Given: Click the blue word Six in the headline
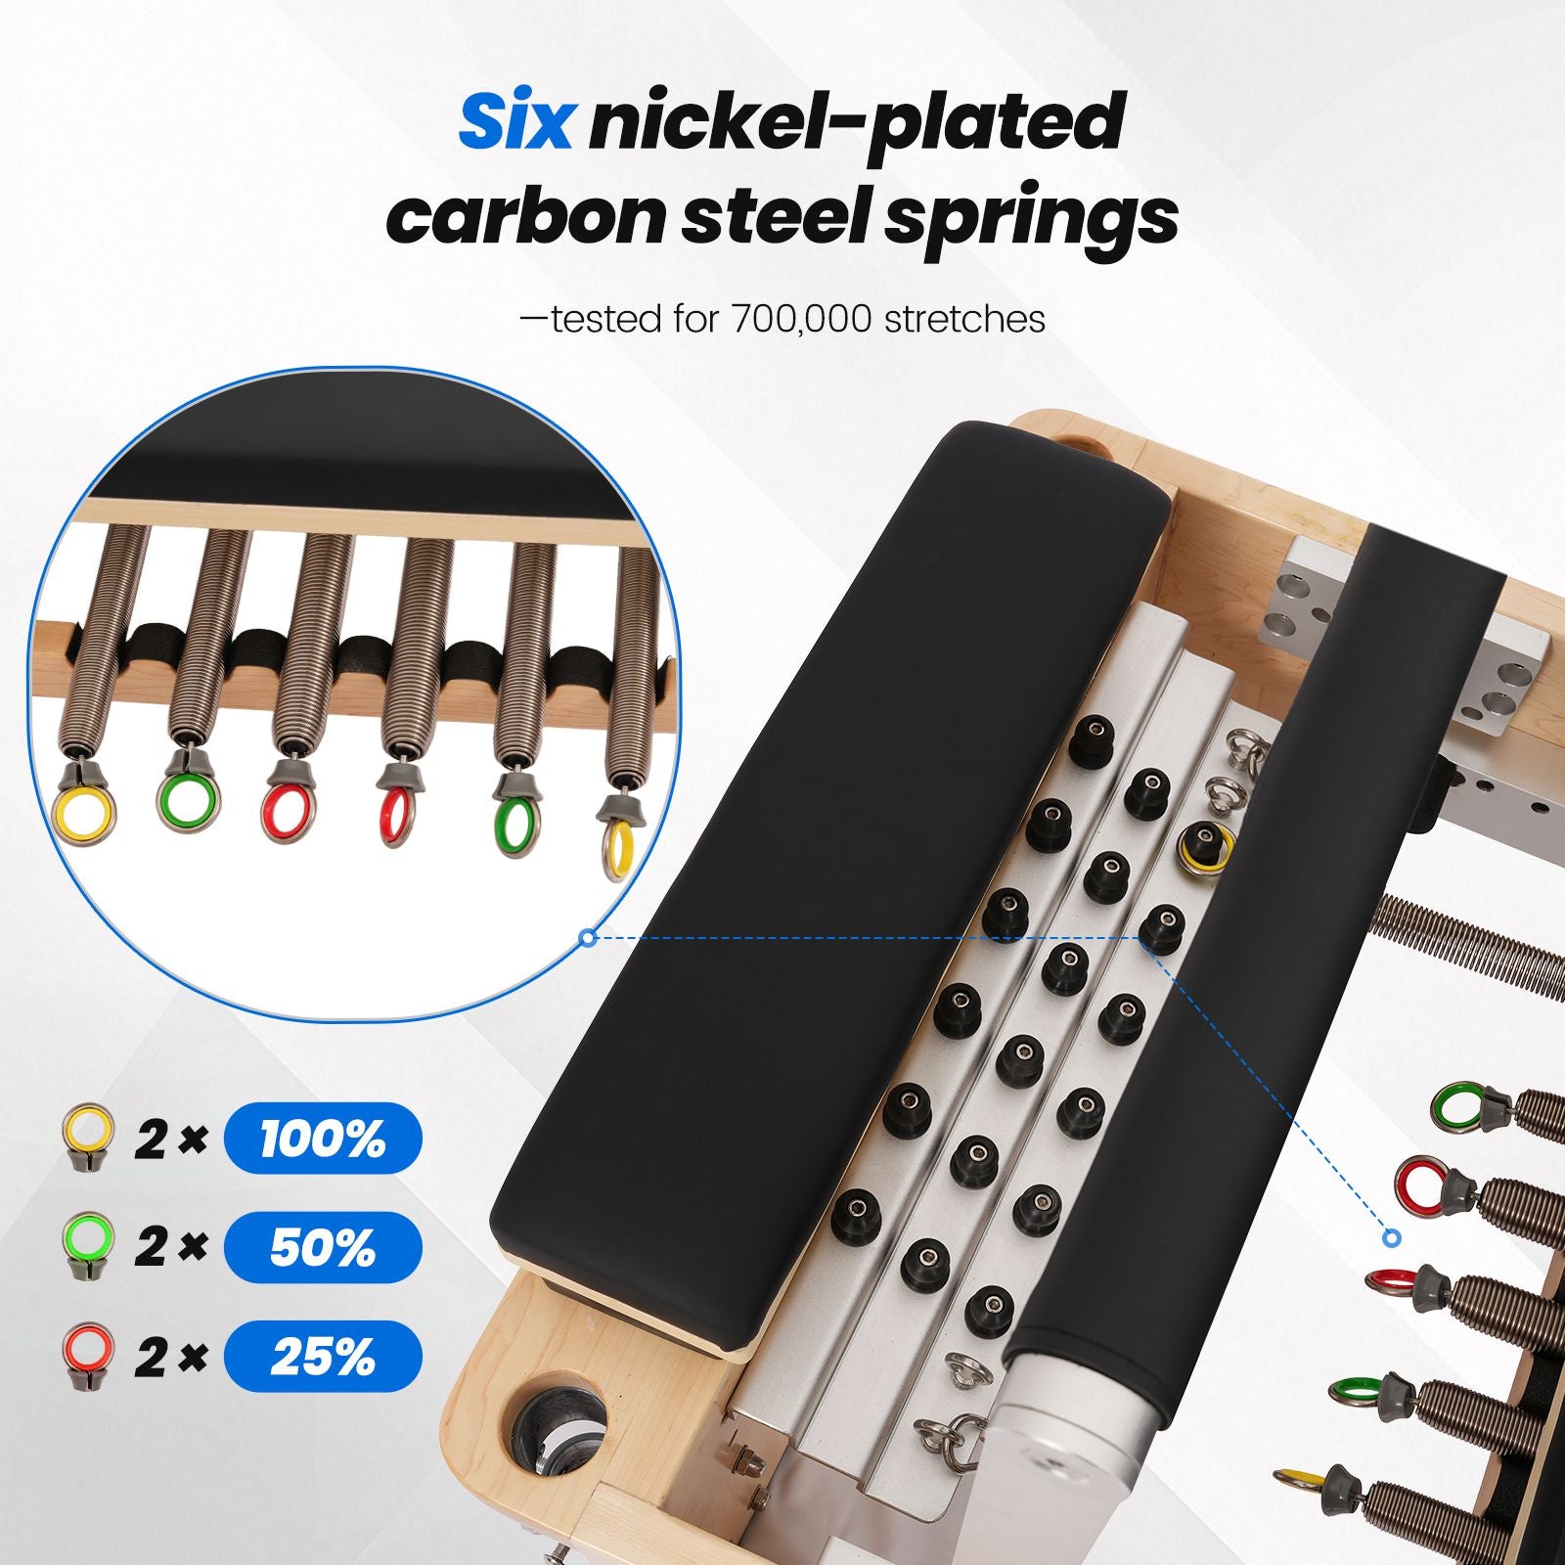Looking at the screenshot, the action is coord(514,122).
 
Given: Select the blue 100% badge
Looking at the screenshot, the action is coord(323,1139).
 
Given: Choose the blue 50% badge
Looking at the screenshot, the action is coord(323,1247).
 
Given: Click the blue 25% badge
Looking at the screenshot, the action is coord(323,1356).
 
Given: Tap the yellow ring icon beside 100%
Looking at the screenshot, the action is coord(87,1138).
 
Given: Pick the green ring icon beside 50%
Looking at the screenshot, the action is coord(87,1246).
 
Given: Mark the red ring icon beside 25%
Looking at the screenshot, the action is coord(87,1355).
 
